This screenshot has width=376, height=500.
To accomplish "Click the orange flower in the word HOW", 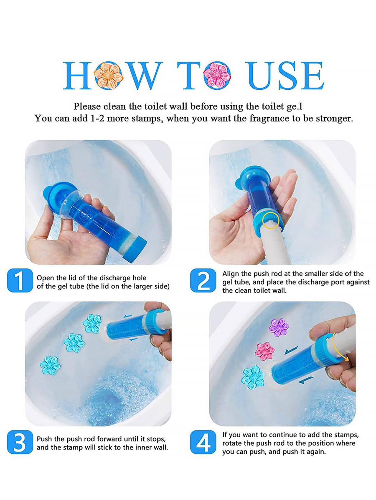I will coord(108,75).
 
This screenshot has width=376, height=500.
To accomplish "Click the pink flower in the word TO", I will coord(216,74).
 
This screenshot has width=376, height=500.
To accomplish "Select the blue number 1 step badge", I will coord(20,280).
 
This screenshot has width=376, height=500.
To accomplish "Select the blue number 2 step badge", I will coord(203,280).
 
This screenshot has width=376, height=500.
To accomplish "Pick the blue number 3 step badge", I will coord(20,442).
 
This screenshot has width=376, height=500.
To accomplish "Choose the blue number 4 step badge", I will coord(203,442).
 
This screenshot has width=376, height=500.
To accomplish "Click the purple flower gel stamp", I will coord(279,327).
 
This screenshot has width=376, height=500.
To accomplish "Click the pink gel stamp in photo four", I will coord(265,351).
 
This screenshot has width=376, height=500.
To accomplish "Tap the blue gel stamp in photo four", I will coord(253,377).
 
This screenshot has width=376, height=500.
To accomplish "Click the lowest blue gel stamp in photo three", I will coord(50,365).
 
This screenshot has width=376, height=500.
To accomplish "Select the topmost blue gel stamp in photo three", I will coord(92,323).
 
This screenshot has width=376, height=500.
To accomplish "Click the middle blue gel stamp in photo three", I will coord(74,343).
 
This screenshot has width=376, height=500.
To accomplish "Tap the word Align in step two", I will coord(230,274).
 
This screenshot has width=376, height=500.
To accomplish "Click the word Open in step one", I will coord(45,278).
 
